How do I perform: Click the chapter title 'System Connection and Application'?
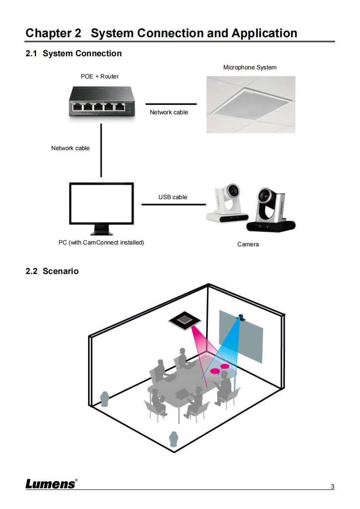click(194, 33)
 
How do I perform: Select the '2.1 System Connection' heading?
click(74, 54)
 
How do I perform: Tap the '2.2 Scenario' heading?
click(52, 271)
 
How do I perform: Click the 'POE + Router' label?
click(99, 76)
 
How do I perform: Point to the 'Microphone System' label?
click(250, 68)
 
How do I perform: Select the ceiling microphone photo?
click(251, 104)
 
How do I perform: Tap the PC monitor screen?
click(101, 203)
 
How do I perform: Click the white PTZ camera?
click(227, 204)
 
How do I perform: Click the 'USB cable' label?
click(173, 197)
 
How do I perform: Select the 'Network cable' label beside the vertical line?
click(70, 148)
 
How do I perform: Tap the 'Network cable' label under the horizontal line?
click(169, 112)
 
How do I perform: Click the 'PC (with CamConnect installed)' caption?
click(101, 242)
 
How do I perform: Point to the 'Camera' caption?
click(248, 245)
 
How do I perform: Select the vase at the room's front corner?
click(173, 439)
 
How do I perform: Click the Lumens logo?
click(51, 484)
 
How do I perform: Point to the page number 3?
click(332, 487)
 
